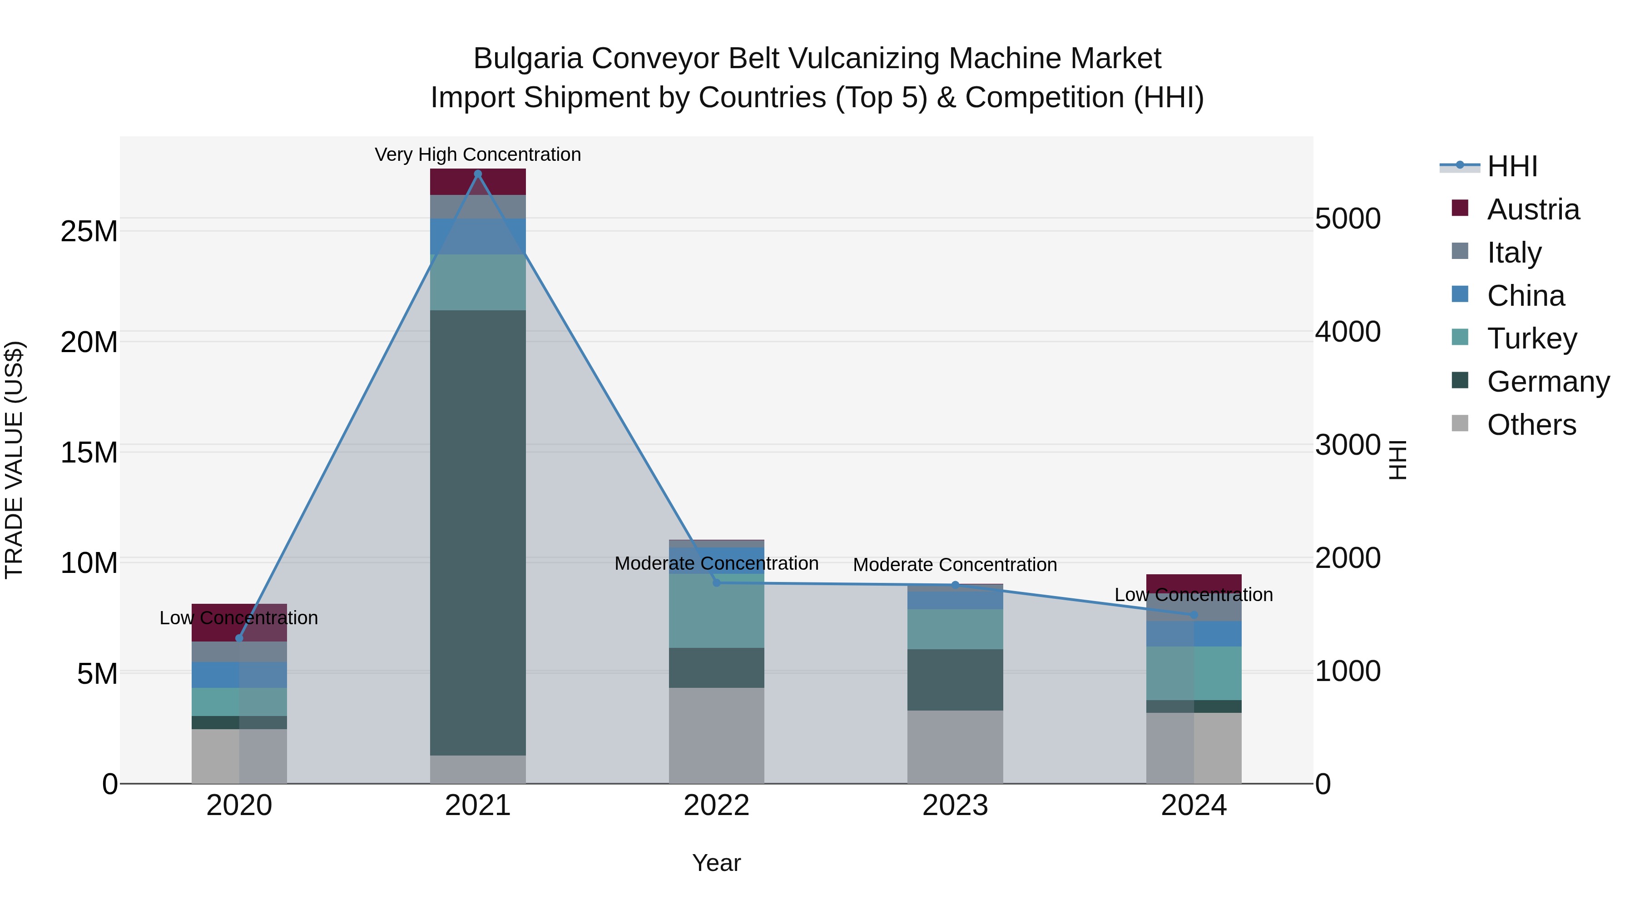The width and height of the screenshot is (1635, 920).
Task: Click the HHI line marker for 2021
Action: coord(478,174)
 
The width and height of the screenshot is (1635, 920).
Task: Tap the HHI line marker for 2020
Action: coord(239,638)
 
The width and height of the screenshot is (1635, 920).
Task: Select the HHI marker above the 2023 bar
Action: coord(955,585)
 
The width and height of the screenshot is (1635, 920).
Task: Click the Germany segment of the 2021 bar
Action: coord(478,533)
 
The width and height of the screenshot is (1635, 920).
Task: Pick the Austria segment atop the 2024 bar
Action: coord(1194,582)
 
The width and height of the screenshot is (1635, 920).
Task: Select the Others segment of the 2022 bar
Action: coord(717,735)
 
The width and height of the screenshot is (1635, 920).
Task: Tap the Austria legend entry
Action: coord(1533,209)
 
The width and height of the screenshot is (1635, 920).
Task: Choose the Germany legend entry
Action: coord(1547,382)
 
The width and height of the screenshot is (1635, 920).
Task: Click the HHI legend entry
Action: coord(1512,166)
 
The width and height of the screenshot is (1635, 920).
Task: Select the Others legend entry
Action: coord(1531,425)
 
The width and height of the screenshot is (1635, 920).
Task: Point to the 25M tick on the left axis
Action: coord(89,231)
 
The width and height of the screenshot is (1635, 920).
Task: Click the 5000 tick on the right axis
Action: coord(1347,219)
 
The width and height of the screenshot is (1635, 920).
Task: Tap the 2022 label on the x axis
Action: coord(717,806)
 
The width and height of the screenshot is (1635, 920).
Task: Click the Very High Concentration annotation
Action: coord(478,154)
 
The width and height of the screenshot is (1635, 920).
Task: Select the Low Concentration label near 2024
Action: coord(1194,595)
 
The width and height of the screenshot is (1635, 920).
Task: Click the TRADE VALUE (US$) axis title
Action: coord(14,460)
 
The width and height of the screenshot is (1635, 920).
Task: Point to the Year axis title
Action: coord(717,863)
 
